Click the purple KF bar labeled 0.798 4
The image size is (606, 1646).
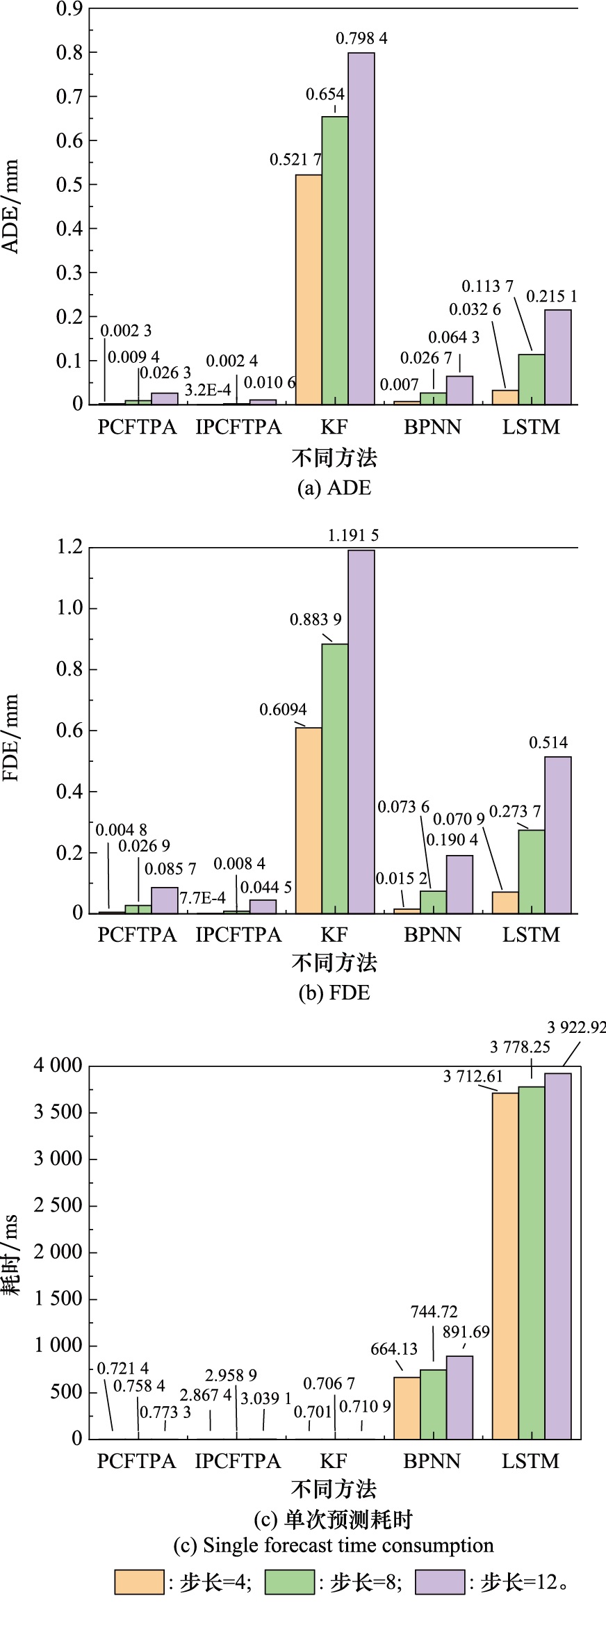[x=361, y=229]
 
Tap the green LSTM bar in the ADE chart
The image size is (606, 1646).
[x=532, y=380]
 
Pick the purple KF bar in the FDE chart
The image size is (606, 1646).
[x=361, y=731]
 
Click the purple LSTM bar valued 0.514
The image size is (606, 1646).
[x=558, y=835]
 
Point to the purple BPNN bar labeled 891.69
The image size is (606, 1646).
[x=459, y=1397]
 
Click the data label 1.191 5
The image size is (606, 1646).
[x=353, y=535]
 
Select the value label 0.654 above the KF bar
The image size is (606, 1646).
[x=325, y=95]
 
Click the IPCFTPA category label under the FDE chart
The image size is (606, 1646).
[x=238, y=935]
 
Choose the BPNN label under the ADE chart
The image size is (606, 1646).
[x=432, y=427]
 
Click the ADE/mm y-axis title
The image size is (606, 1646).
[x=11, y=206]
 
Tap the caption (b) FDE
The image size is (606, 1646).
[x=334, y=993]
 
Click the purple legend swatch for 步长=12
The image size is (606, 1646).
[x=440, y=1582]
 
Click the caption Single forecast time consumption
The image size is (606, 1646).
[x=334, y=1545]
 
